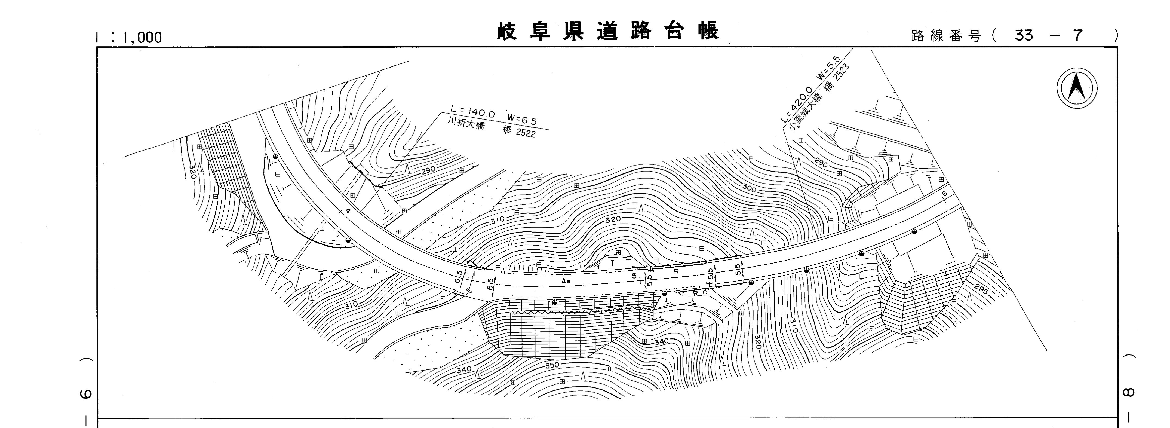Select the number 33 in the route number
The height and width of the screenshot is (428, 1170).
click(1024, 35)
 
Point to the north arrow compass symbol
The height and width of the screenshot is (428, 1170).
click(1076, 88)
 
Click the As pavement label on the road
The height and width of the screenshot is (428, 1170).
click(566, 281)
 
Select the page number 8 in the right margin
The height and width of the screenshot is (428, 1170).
click(1131, 392)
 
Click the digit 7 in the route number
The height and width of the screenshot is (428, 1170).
click(1078, 35)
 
